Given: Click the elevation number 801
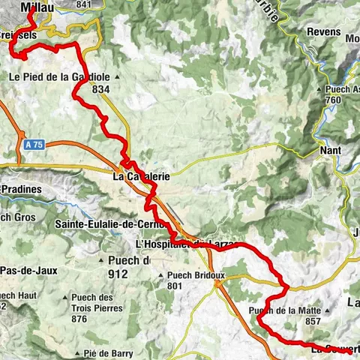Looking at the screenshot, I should [176, 286].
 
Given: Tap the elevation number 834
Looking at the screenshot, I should [101, 89].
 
